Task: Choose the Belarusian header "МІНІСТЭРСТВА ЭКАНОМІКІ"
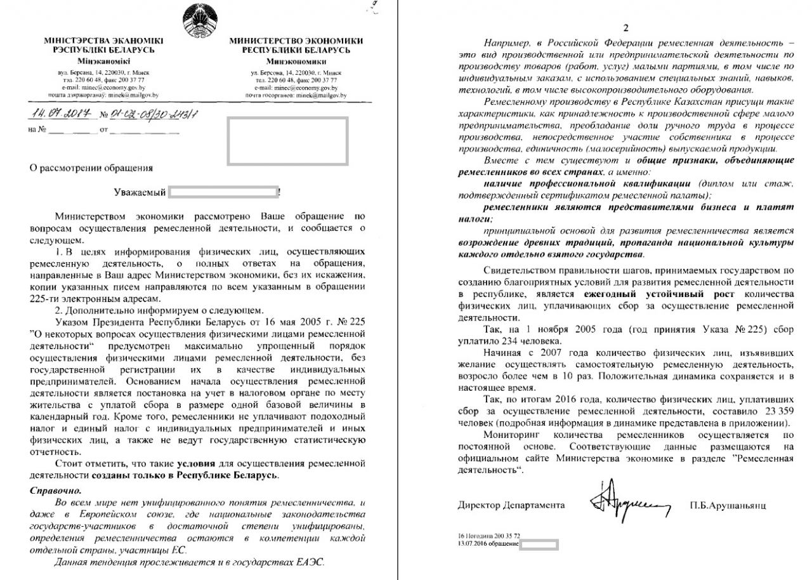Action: click(95, 41)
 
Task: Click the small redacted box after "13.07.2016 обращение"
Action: click(539, 544)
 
